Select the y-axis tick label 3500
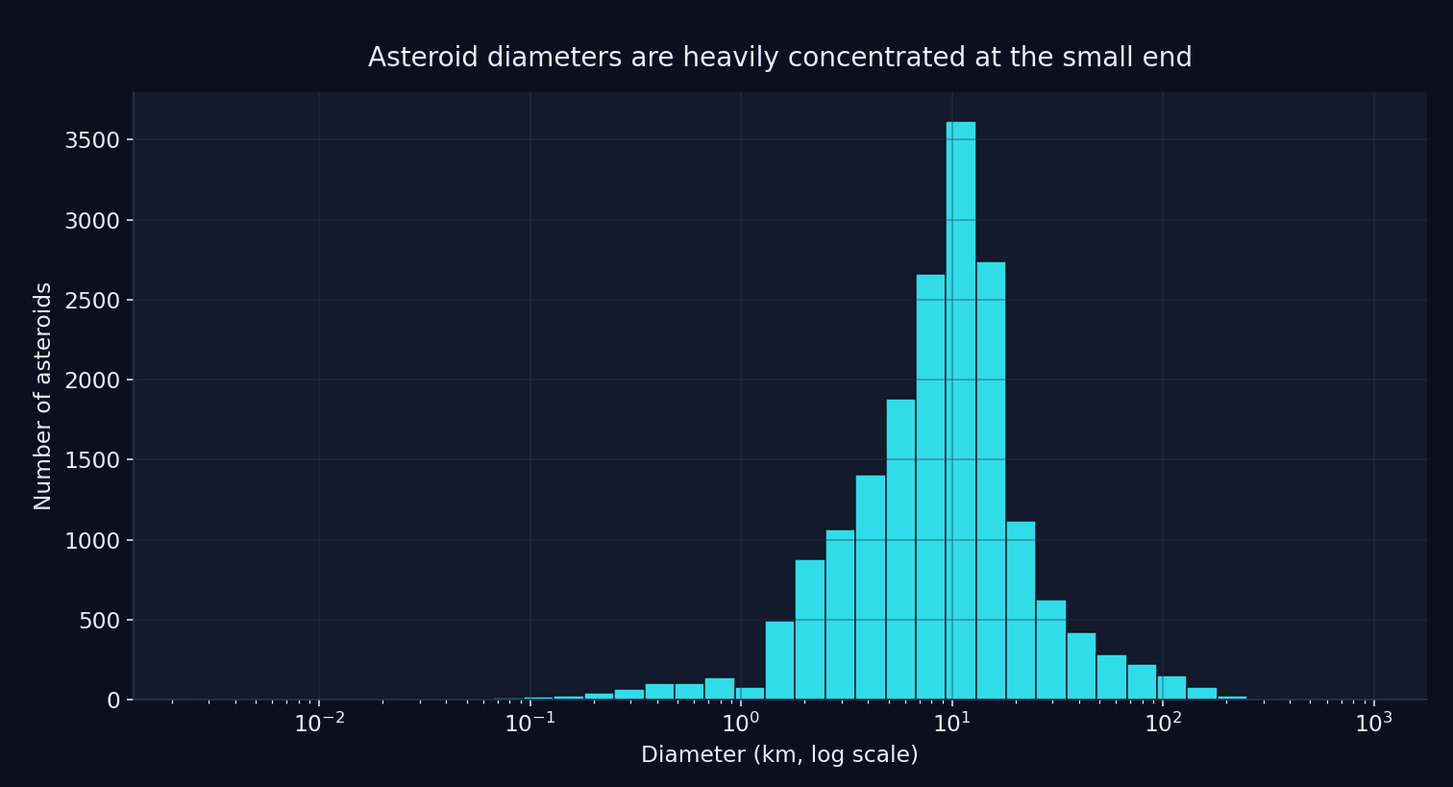coord(92,141)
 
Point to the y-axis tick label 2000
coord(92,381)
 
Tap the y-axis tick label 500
coord(99,621)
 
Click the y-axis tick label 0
coord(113,701)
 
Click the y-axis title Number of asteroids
coord(43,396)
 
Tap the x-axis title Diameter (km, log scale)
coord(779,755)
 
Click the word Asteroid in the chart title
coord(423,58)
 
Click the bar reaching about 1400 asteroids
coord(870,587)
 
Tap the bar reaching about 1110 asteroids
coord(1021,610)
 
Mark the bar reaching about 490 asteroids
coord(779,660)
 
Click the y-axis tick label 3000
coord(92,221)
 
